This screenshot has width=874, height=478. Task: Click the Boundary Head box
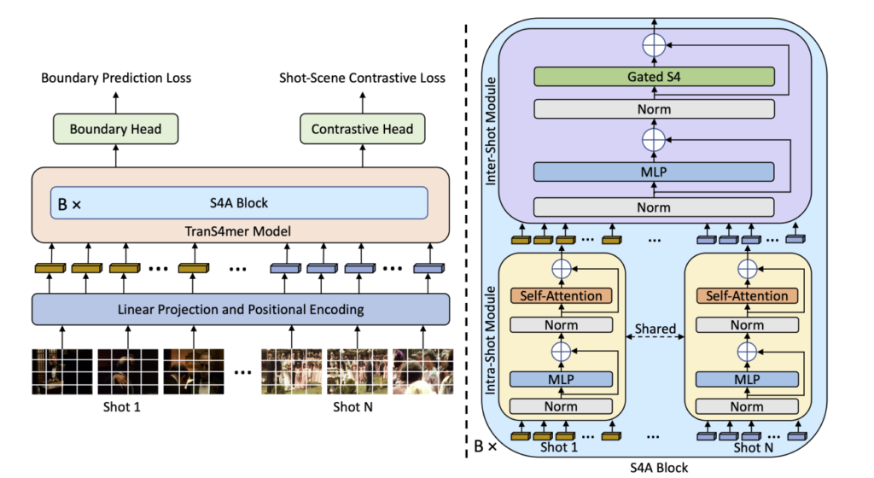(x=115, y=129)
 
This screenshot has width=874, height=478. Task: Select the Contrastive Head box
(x=362, y=129)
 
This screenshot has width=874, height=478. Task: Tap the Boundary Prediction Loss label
(x=116, y=78)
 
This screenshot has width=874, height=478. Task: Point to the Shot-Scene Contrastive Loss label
(x=362, y=78)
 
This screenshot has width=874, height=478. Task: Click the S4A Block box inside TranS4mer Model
(x=239, y=202)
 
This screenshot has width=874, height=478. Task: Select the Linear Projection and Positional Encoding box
(x=240, y=308)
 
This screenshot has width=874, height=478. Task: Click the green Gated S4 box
(x=653, y=77)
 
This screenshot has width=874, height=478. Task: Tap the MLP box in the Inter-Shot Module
(x=653, y=172)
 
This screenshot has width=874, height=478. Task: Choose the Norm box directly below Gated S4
(x=653, y=109)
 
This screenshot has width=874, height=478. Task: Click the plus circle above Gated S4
(x=653, y=44)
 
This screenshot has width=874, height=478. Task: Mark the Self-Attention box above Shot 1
(x=561, y=295)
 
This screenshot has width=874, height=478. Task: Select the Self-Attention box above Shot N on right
(x=747, y=295)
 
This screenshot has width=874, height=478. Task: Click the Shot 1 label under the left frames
(x=122, y=406)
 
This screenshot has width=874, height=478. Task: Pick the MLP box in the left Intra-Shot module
(x=561, y=378)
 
